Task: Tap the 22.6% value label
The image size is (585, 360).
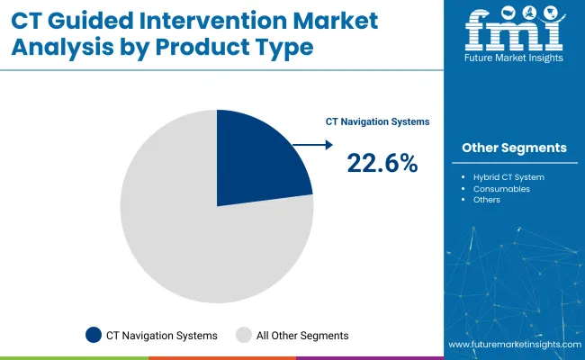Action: (x=382, y=163)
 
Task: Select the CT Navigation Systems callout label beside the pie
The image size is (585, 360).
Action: (x=377, y=121)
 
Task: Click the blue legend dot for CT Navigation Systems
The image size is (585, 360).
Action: (x=94, y=335)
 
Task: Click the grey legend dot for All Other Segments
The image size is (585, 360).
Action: (x=243, y=335)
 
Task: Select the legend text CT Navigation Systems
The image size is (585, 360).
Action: (x=163, y=335)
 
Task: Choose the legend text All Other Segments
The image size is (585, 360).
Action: (x=302, y=335)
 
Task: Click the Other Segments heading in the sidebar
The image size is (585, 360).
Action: (x=515, y=148)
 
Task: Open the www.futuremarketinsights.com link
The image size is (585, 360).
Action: (x=512, y=346)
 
